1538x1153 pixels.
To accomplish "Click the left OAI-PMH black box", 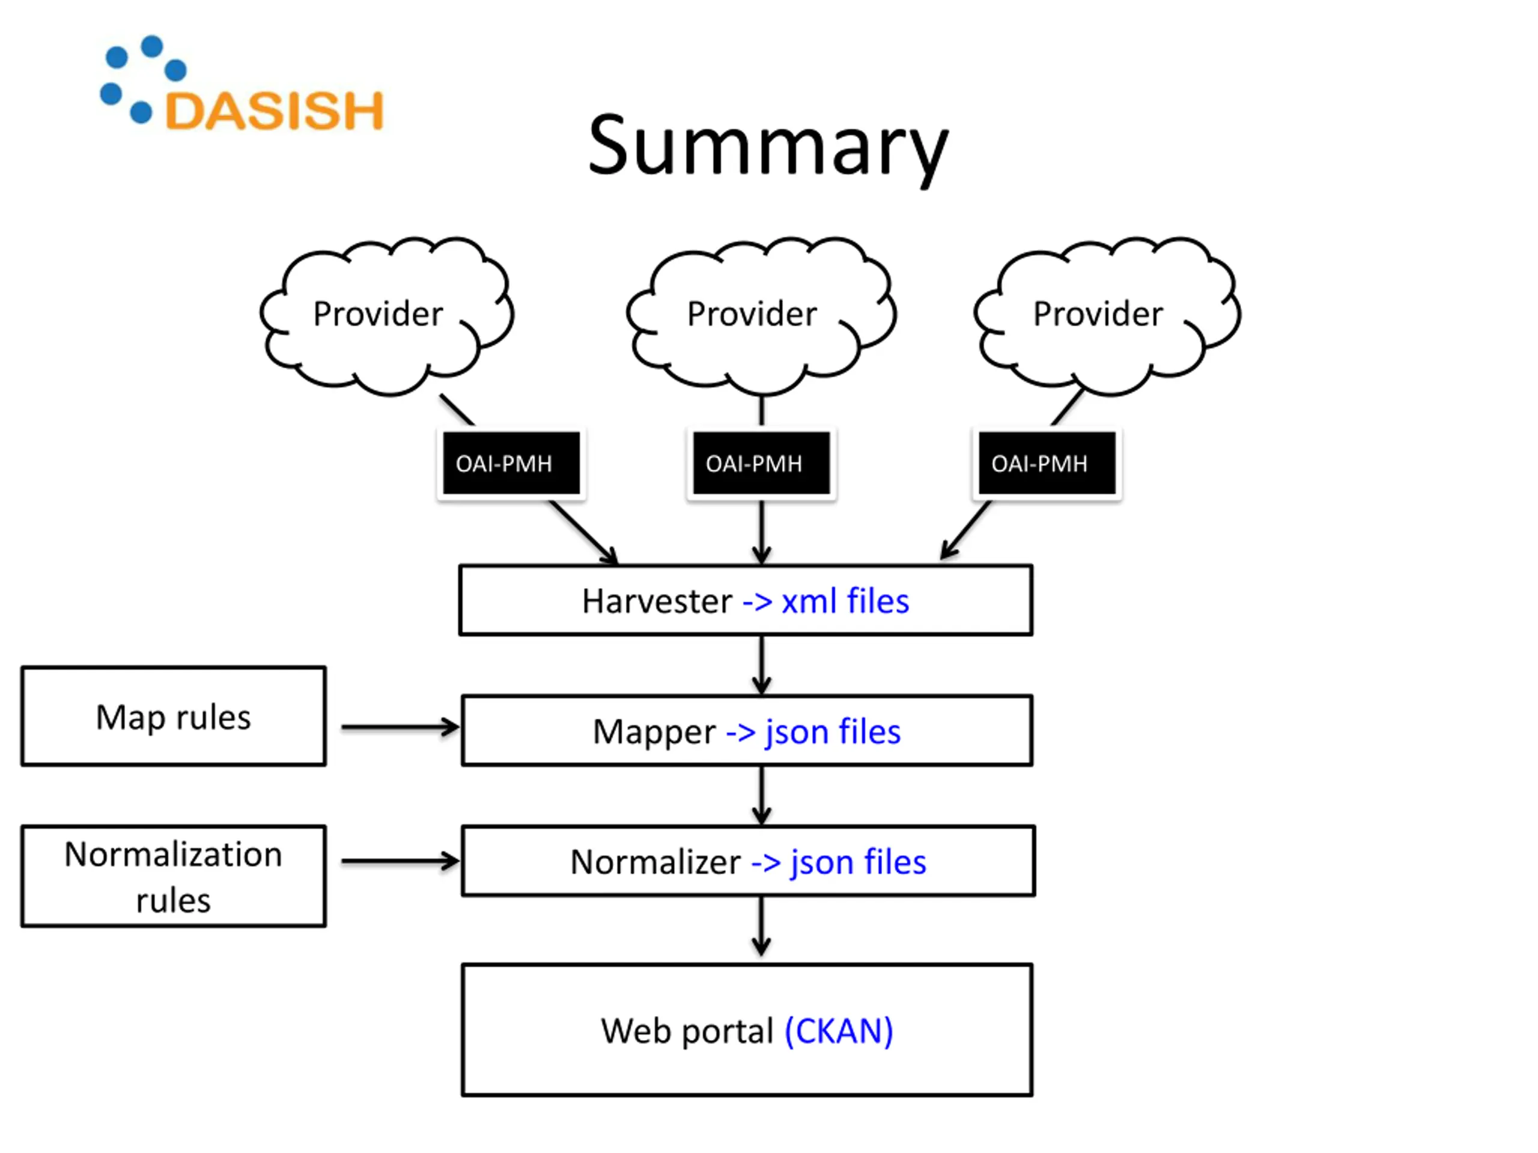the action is coord(511,464).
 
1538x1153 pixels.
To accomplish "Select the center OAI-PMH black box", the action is coord(761,464).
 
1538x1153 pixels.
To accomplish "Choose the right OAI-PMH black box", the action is coord(1047,464).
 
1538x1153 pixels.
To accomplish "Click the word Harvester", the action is coord(657,601).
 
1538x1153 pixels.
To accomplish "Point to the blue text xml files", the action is coord(845,601).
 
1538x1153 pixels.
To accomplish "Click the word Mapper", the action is coord(654,732).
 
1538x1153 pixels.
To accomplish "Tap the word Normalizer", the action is coord(655,862).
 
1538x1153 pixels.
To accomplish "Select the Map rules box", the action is coord(174,716).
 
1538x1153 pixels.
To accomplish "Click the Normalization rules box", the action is coord(174,876).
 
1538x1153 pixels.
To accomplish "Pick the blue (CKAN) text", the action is coord(839,1031).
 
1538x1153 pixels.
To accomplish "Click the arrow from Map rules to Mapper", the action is coord(400,728).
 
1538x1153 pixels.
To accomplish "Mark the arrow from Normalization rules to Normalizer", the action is coord(400,862).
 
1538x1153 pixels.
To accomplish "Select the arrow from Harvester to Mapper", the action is coord(761,665).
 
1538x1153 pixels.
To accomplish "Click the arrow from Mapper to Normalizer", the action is coord(761,796).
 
